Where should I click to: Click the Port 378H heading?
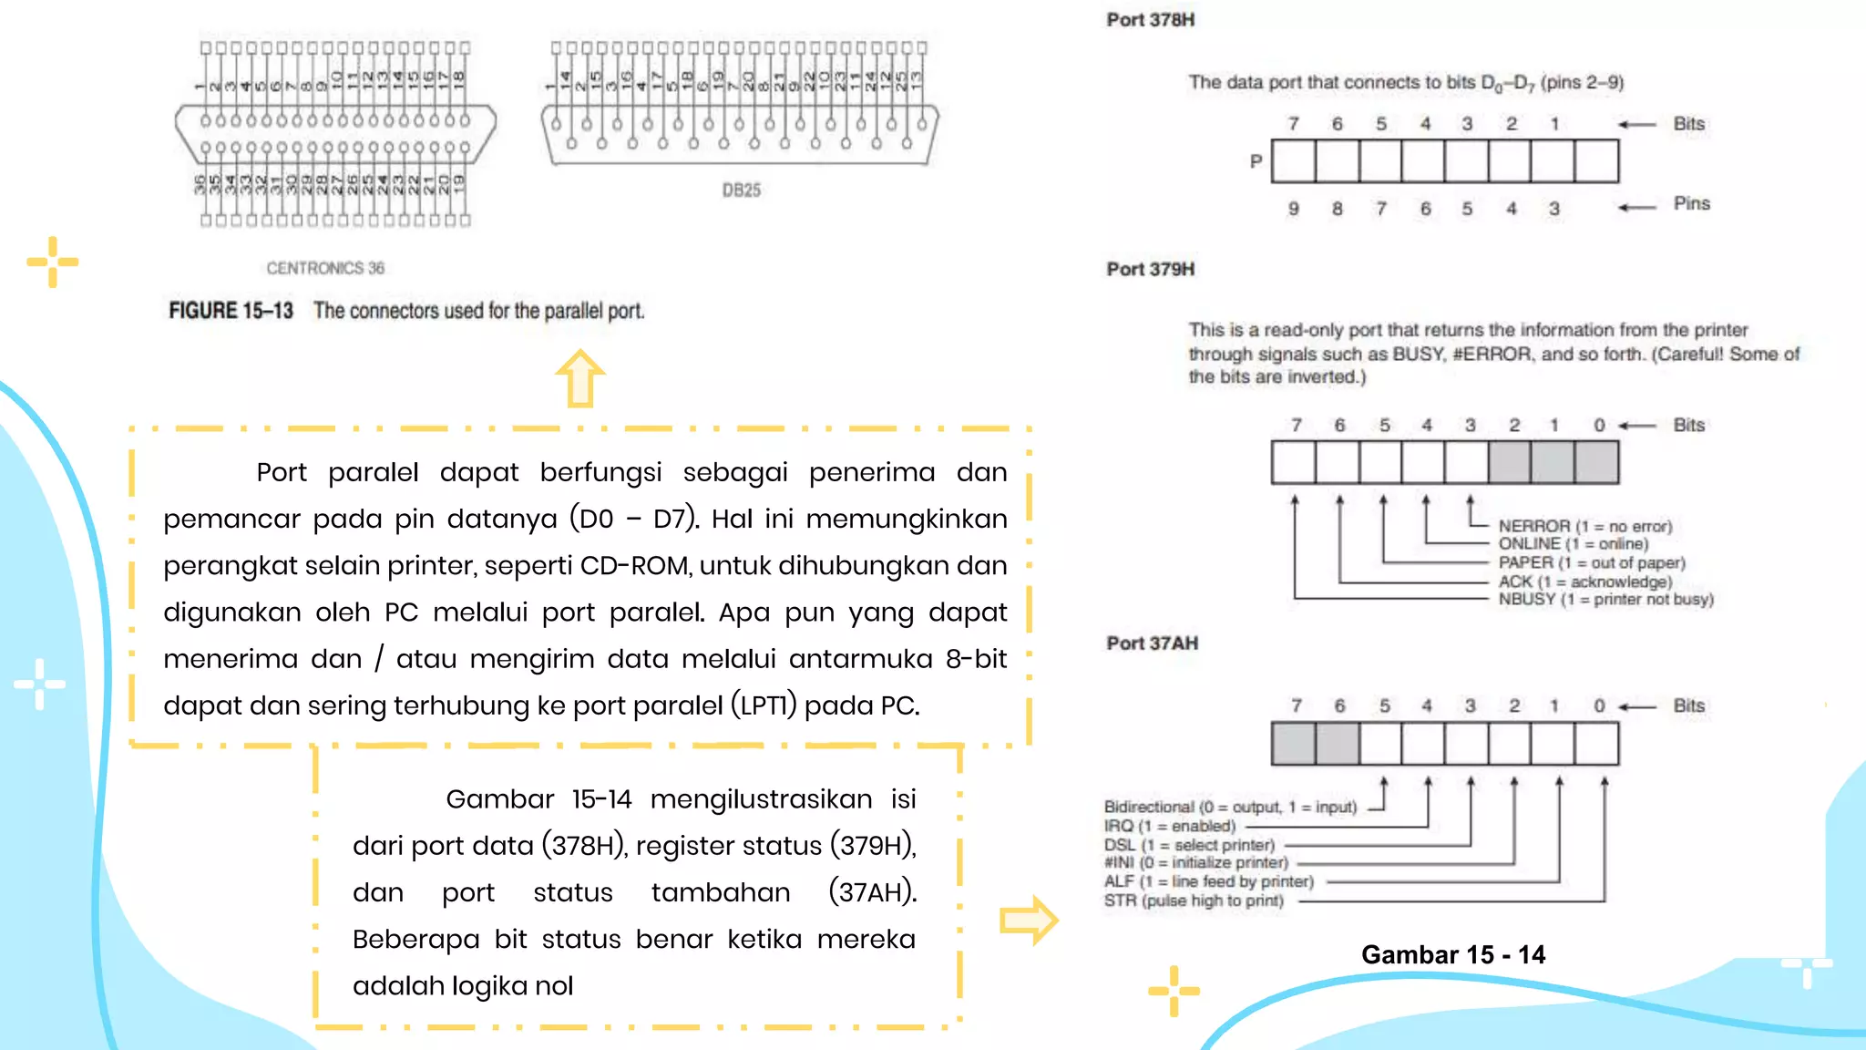click(x=1150, y=20)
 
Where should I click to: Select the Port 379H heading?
click(x=1150, y=269)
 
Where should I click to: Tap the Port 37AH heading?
click(x=1152, y=643)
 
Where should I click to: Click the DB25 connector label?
click(x=741, y=190)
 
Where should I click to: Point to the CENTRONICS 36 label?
click(x=325, y=268)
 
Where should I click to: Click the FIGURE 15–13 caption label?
click(x=231, y=311)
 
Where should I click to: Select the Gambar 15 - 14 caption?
click(x=1453, y=954)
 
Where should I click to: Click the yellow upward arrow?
click(x=580, y=378)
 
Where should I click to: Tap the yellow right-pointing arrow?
click(x=1029, y=921)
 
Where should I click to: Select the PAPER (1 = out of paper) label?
click(x=1592, y=562)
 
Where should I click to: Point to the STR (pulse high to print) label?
click(x=1194, y=901)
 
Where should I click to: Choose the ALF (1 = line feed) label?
click(x=1208, y=881)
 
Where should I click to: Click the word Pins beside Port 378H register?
click(x=1691, y=203)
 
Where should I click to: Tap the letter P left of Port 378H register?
click(x=1256, y=161)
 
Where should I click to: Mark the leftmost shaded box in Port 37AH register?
click(x=1294, y=744)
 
